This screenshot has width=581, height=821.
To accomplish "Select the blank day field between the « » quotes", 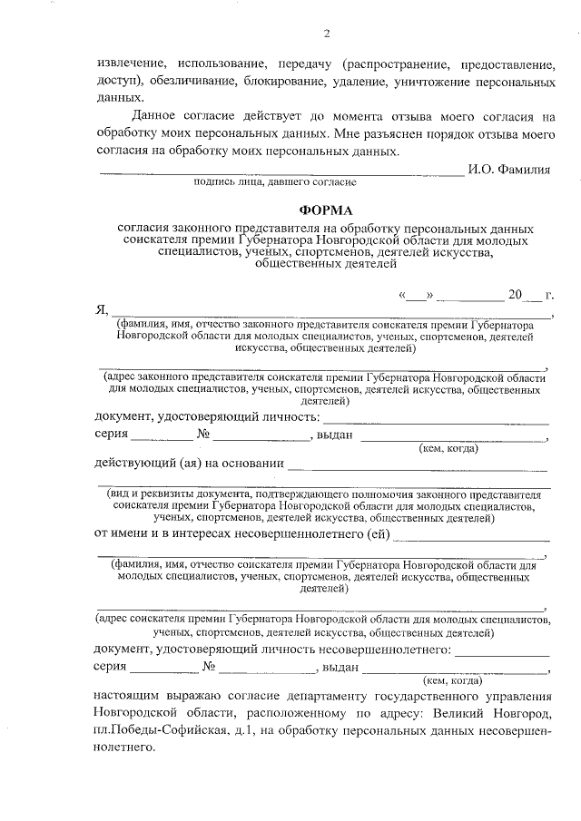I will (415, 296).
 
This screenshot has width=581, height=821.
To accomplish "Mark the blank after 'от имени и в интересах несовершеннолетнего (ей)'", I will (471, 536).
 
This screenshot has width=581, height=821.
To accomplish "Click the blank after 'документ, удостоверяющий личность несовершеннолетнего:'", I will (502, 651).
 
